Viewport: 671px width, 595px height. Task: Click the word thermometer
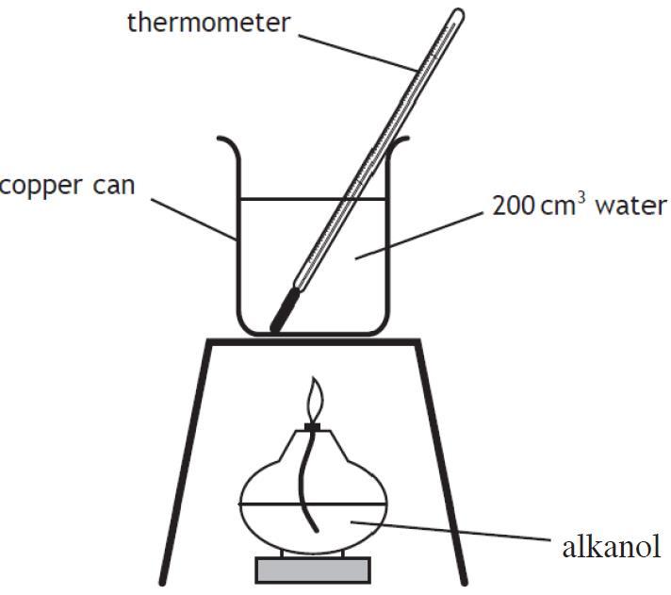209,23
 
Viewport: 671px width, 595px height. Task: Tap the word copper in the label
41,187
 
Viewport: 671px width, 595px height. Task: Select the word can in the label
114,186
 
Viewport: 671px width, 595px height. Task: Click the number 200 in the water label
513,206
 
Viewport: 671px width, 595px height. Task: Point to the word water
631,207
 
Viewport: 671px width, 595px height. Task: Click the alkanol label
612,548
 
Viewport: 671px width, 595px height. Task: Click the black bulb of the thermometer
285,309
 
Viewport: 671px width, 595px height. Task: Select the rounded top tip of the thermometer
459,12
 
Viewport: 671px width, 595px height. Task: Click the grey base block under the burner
313,570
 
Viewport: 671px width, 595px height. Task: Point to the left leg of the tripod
185,462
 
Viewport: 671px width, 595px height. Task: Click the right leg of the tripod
441,462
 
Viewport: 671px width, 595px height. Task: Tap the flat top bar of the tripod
313,342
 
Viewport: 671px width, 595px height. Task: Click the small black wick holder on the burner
312,426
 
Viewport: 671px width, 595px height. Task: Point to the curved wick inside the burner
309,480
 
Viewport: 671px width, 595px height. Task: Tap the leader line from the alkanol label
450,531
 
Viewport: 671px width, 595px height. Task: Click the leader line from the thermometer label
358,53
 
